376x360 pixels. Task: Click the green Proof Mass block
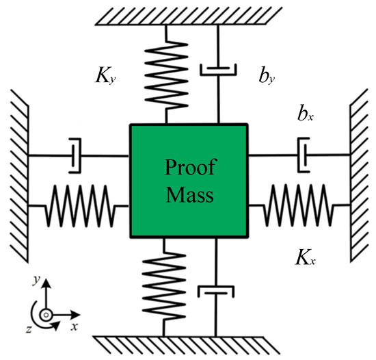pos(188,181)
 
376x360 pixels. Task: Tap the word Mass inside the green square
pos(188,195)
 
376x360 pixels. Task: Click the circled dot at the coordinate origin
pos(45,316)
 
